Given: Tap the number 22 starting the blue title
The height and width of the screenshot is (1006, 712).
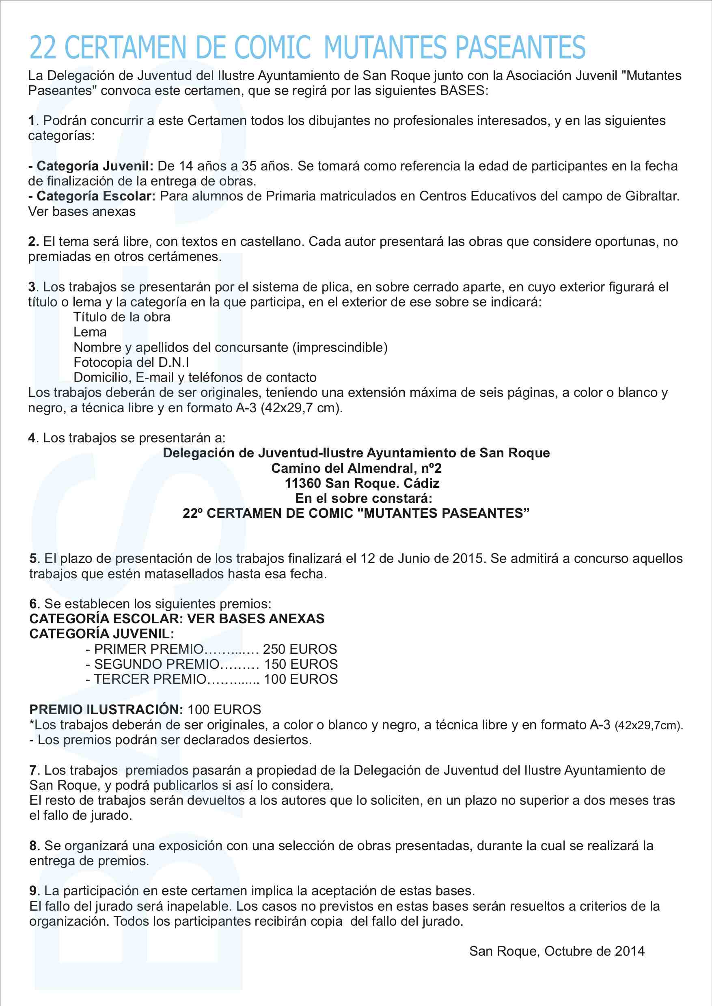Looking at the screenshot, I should pos(43,47).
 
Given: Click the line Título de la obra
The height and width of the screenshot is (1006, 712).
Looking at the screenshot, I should pos(122,317).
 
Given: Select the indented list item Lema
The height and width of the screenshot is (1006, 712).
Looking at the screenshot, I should pos(90,332).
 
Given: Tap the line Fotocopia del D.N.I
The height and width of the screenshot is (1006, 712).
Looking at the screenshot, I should pos(131,362).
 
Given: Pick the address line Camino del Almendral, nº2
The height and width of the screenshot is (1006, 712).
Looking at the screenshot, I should pos(356,468).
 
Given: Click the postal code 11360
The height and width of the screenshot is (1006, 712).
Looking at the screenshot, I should pos(303,483).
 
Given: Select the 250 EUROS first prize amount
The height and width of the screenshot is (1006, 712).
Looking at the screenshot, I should pos(300,649).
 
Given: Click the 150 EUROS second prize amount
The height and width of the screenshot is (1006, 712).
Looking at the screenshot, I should pos(301,664).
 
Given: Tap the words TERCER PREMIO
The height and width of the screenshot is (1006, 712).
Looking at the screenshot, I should pos(150,679).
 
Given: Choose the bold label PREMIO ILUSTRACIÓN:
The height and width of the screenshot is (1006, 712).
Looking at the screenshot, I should pos(106,710).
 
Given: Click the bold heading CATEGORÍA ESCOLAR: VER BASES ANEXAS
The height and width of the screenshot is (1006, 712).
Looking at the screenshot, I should pos(177,619).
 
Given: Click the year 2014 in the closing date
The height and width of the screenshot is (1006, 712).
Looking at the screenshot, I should pos(629,951).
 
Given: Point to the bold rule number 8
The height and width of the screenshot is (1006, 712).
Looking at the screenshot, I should pos(33,846).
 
